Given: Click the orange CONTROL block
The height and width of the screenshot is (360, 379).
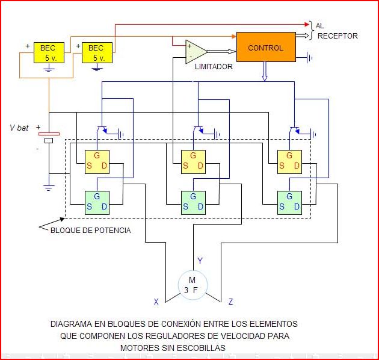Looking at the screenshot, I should [x=266, y=48].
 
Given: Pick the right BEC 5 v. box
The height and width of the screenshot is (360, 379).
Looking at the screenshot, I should [x=96, y=52].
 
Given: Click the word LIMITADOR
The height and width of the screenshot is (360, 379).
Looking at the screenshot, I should [x=214, y=67].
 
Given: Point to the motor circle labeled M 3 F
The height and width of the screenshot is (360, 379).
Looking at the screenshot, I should [x=193, y=285].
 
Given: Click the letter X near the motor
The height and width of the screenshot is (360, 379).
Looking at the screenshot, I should [x=156, y=302].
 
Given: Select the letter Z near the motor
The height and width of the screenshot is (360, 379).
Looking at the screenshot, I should [x=230, y=302].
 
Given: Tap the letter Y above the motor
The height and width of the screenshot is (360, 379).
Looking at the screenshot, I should [x=200, y=261].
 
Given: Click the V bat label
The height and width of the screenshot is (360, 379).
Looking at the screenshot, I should [x=19, y=128].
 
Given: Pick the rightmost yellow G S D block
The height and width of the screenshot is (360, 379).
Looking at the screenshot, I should [x=289, y=161].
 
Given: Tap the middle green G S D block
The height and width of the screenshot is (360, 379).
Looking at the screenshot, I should [x=193, y=202].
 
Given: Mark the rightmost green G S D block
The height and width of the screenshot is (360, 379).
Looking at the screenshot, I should [x=289, y=202].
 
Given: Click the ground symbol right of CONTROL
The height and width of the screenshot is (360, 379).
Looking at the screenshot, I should [x=309, y=58].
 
